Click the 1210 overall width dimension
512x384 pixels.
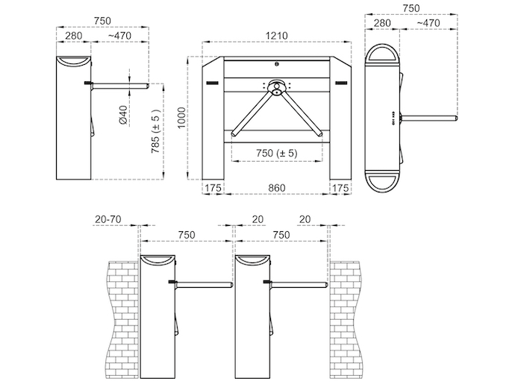pyautogui.click(x=277, y=36)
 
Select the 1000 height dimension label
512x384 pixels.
pyautogui.click(x=182, y=118)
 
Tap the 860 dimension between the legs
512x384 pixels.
pyautogui.click(x=277, y=188)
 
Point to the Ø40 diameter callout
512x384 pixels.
pyautogui.click(x=123, y=115)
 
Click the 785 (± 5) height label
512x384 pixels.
pyautogui.click(x=156, y=131)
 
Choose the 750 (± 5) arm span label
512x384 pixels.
pyautogui.click(x=277, y=153)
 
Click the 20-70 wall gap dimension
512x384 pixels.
pyautogui.click(x=108, y=219)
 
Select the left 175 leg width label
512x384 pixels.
pyautogui.click(x=213, y=188)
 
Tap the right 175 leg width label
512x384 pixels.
pyautogui.click(x=340, y=188)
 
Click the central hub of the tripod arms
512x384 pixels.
pyautogui.click(x=277, y=87)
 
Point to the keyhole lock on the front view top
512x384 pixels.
pyautogui.click(x=277, y=64)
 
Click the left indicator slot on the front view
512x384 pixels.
pyautogui.click(x=212, y=83)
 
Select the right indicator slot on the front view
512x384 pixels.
pyautogui.click(x=341, y=83)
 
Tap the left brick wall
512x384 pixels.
pyautogui.click(x=123, y=319)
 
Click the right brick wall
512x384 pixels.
pyautogui.click(x=346, y=319)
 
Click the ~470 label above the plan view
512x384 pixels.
pyautogui.click(x=428, y=23)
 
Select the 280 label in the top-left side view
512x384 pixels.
pyautogui.click(x=74, y=36)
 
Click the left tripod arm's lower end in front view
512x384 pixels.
pyautogui.click(x=234, y=133)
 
